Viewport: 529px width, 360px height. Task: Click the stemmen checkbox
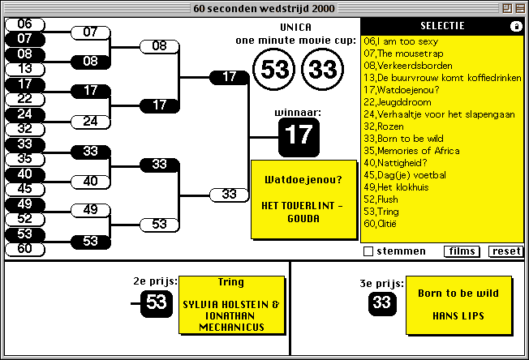point(368,251)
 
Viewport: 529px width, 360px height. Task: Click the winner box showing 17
point(299,135)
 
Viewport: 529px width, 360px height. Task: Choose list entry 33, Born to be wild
point(402,139)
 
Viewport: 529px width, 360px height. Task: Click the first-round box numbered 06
point(25,24)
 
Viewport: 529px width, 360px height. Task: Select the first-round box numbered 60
point(25,249)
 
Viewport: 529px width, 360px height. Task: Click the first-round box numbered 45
point(25,188)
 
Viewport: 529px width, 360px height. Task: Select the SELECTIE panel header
point(441,26)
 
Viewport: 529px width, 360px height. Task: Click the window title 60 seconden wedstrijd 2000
point(264,8)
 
